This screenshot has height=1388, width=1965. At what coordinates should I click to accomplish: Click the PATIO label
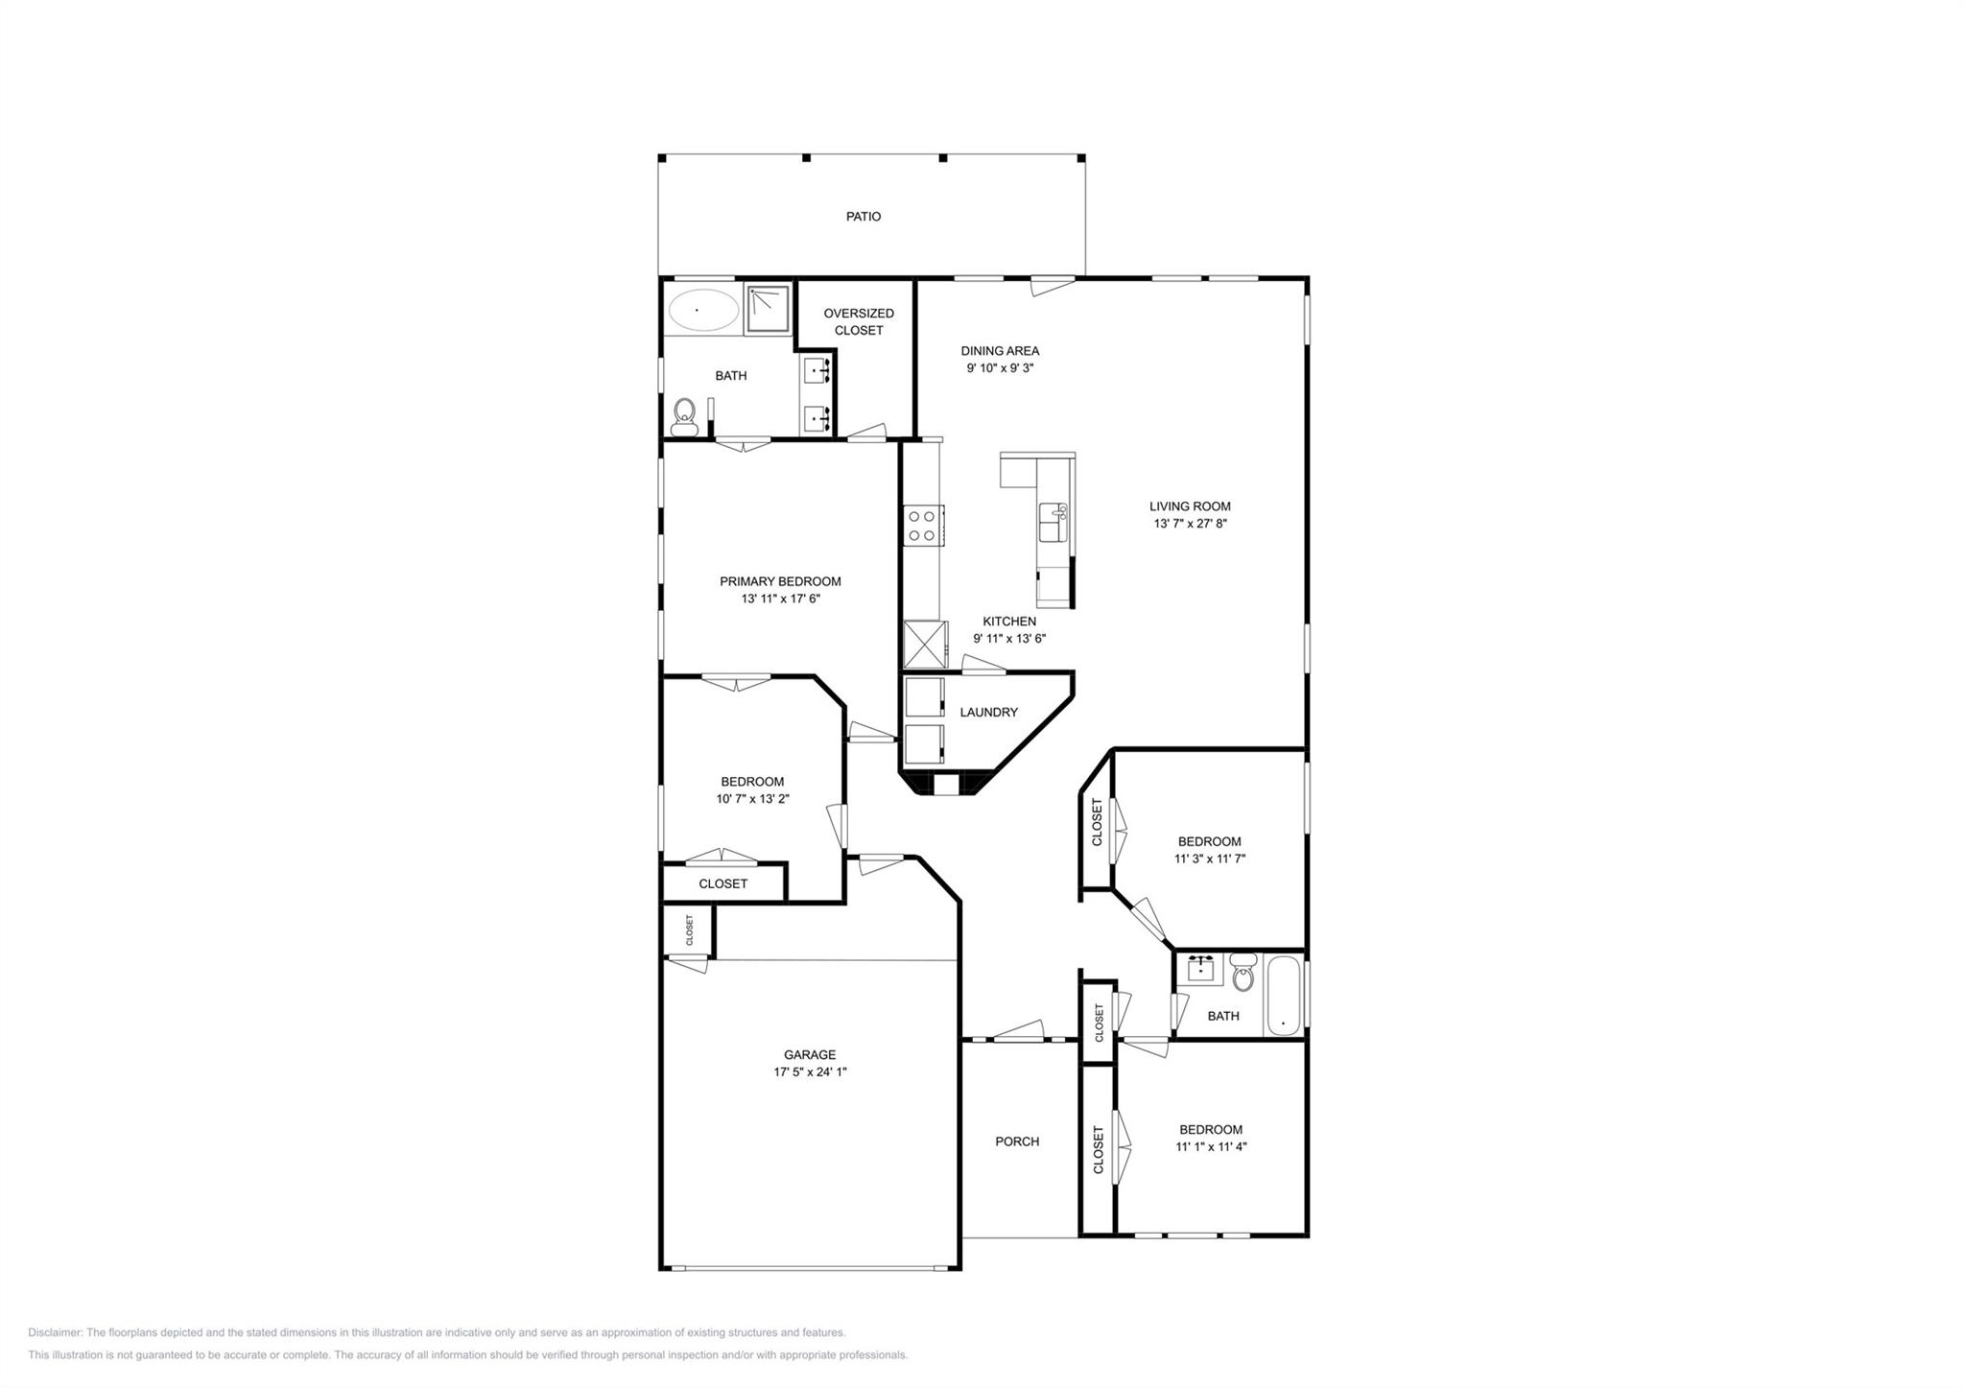[x=863, y=217]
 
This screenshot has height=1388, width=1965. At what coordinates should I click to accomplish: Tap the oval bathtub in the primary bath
[x=702, y=310]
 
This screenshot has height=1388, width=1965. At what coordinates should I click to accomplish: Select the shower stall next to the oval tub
[x=769, y=309]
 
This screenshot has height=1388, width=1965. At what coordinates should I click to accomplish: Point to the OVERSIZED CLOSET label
[x=858, y=321]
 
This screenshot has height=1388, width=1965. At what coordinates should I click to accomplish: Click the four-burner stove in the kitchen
[x=922, y=526]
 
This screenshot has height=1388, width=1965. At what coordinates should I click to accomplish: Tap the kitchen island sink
[x=1053, y=523]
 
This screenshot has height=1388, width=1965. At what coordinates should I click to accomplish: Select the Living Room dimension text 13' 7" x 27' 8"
[x=1190, y=524]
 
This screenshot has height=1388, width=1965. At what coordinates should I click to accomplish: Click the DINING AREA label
[x=1000, y=351]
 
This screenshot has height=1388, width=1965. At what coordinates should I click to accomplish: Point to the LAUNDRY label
[x=988, y=713]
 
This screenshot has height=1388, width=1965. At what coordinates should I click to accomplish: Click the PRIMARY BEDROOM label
[x=780, y=581]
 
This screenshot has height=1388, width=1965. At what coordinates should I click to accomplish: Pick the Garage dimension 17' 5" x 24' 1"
[x=810, y=1072]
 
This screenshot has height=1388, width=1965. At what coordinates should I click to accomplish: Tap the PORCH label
[x=1016, y=1141]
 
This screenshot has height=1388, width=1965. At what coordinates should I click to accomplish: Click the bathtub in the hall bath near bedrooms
[x=1283, y=994]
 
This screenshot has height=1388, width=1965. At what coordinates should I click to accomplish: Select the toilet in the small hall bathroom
[x=1243, y=973]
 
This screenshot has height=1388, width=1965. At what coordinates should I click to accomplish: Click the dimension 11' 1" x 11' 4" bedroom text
[x=1210, y=1146]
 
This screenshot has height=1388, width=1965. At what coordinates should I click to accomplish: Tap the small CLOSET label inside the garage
[x=689, y=929]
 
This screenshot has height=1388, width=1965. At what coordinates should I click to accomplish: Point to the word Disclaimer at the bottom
[x=56, y=1332]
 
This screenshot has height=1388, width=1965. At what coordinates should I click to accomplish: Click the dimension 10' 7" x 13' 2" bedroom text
[x=752, y=799]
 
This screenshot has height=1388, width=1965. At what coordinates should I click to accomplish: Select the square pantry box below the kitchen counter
[x=925, y=644]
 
